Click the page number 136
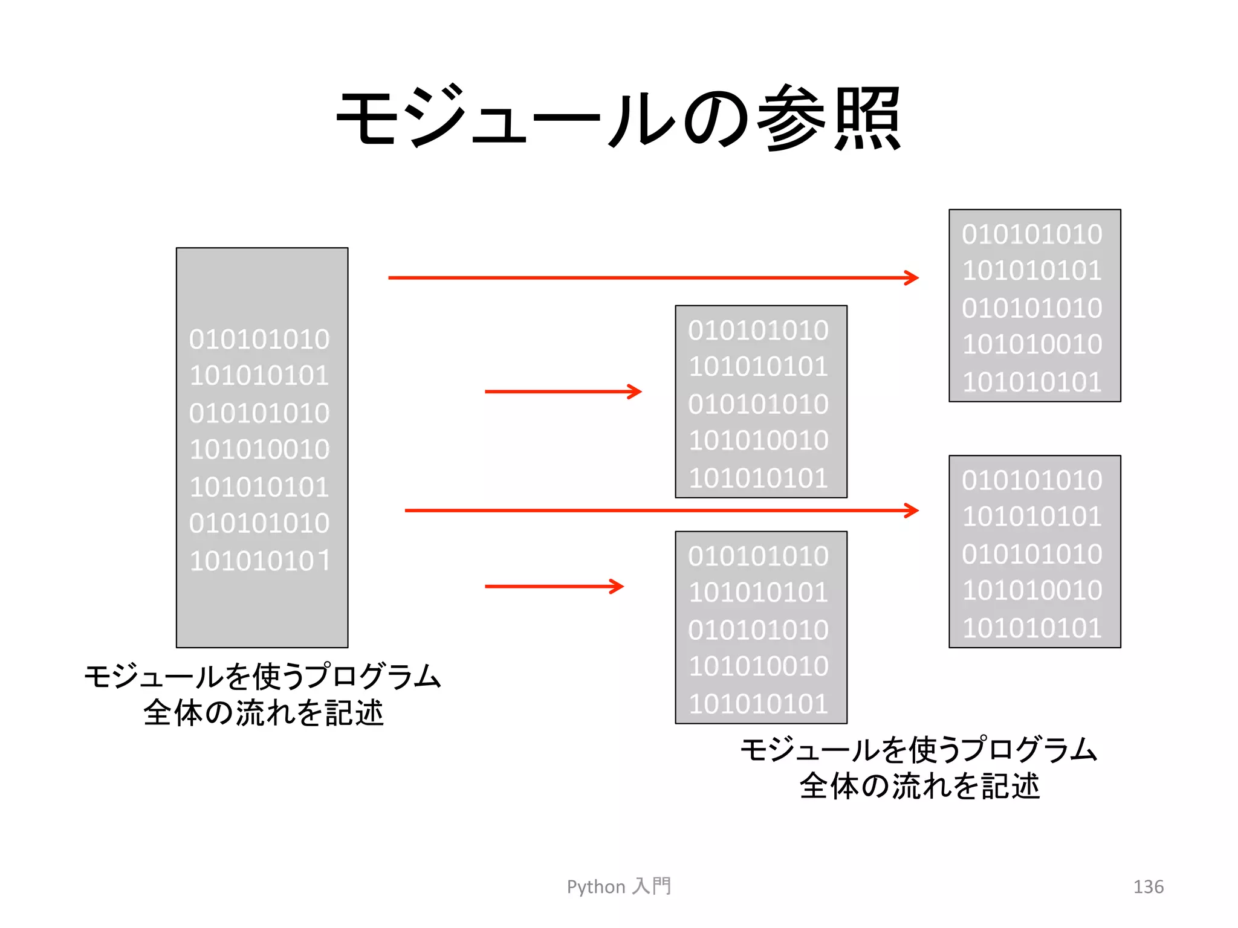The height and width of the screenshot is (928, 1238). click(1148, 886)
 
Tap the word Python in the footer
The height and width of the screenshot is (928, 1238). click(595, 886)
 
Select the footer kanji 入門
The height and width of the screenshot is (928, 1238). click(652, 886)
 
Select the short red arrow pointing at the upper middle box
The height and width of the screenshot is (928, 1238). click(563, 391)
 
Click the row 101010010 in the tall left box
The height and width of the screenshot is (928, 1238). click(259, 449)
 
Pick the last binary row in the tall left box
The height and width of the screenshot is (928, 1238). click(259, 561)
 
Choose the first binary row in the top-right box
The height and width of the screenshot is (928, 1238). click(1032, 234)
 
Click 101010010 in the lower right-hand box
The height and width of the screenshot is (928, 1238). click(1032, 590)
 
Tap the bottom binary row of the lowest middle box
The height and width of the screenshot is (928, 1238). click(758, 704)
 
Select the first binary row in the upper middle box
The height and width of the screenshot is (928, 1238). click(758, 330)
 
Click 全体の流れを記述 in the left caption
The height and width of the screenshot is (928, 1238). click(264, 713)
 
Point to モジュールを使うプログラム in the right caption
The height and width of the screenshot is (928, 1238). click(919, 750)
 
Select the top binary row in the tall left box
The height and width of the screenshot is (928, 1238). click(259, 340)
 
